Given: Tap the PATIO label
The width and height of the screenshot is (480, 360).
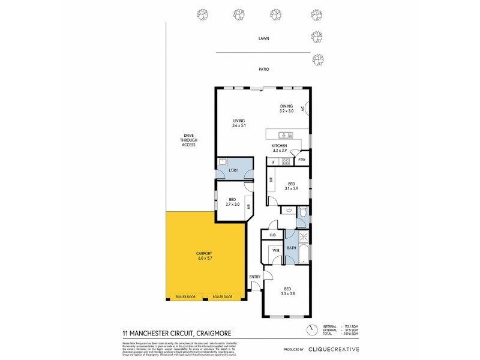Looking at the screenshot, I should tap(263, 70).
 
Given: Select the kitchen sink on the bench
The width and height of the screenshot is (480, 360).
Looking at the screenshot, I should tap(284, 134).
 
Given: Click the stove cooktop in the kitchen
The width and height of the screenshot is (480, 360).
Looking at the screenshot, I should tap(286, 161).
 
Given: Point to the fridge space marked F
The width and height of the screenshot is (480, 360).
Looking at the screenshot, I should tap(274, 162).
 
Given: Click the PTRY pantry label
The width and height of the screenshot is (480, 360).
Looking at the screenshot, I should tap(302, 160).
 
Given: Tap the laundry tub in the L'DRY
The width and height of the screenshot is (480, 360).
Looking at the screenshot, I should tap(223, 161).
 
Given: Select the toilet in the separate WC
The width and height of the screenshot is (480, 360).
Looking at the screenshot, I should tap(302, 211).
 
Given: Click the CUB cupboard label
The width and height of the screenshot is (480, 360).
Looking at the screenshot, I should tap(272, 235).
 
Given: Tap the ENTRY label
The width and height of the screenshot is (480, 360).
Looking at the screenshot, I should tap(255, 277).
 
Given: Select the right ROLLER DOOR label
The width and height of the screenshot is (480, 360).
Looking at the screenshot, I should tap(222, 297).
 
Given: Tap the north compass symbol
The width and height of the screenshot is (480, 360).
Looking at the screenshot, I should tap(312, 329).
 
